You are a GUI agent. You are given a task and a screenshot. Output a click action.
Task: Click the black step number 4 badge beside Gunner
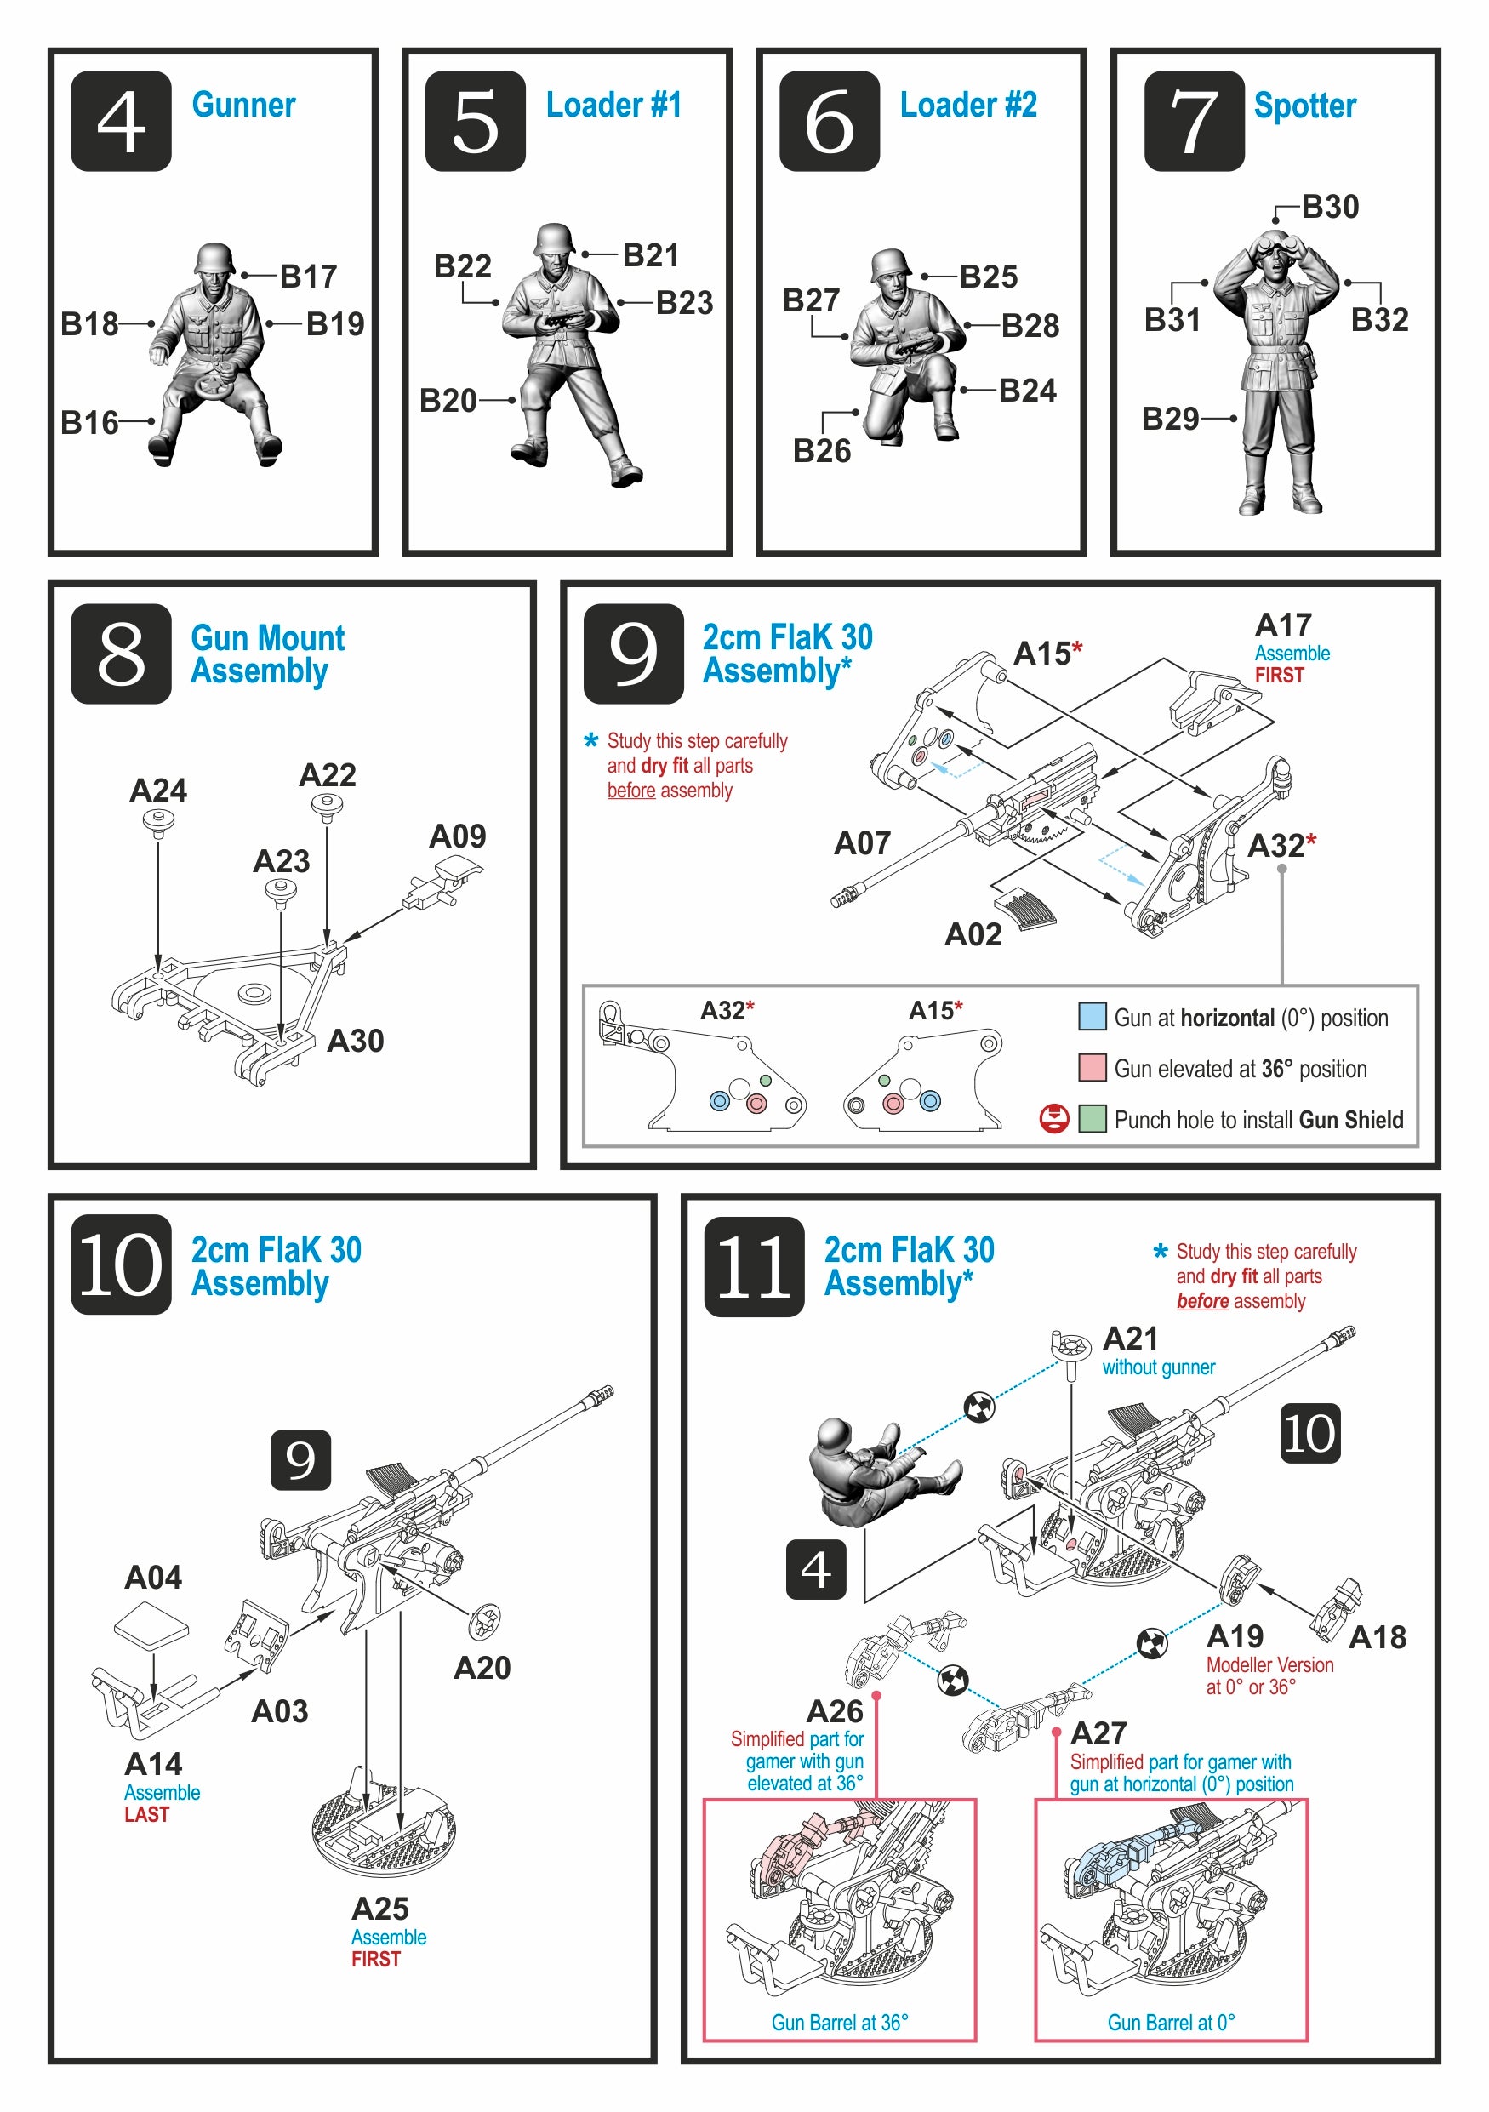(121, 122)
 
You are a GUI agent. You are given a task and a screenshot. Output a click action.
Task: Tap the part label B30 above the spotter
(1329, 207)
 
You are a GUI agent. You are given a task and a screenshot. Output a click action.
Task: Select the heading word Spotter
(1304, 106)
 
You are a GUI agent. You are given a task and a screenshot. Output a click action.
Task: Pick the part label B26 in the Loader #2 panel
(821, 451)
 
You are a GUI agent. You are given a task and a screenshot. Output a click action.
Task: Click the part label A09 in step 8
(457, 836)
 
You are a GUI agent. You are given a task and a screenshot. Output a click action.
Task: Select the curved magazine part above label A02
(1024, 906)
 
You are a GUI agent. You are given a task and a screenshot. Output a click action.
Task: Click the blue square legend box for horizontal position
(1092, 1017)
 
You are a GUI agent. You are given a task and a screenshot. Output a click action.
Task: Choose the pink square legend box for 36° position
(1092, 1068)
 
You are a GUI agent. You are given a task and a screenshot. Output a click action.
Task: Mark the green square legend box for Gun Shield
(1092, 1119)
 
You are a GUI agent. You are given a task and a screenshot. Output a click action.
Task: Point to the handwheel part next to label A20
(484, 1623)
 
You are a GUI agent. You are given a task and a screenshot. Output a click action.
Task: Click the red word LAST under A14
(147, 1815)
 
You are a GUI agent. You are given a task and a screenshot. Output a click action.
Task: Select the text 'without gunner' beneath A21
(1158, 1367)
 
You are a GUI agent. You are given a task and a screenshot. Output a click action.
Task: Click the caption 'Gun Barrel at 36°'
(839, 2022)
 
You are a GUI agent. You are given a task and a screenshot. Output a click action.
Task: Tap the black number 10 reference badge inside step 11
(1309, 1433)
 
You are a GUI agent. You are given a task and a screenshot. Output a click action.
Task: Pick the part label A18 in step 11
(1377, 1637)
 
